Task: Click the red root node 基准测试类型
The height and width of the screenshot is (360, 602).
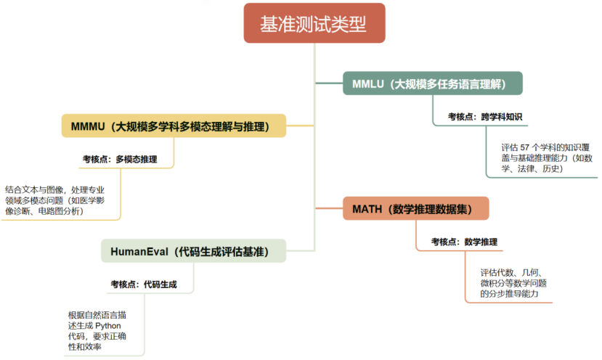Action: point(313,23)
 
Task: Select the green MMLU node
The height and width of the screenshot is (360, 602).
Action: point(433,83)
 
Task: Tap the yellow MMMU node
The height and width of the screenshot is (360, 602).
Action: point(172,126)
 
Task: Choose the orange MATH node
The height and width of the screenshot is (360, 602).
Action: point(415,208)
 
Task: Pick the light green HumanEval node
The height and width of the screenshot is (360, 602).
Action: point(193,251)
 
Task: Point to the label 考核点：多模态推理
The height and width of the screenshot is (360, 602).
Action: point(120,158)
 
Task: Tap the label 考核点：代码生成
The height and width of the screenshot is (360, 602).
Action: point(143,284)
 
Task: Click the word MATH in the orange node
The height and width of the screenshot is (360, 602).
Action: point(367,208)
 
